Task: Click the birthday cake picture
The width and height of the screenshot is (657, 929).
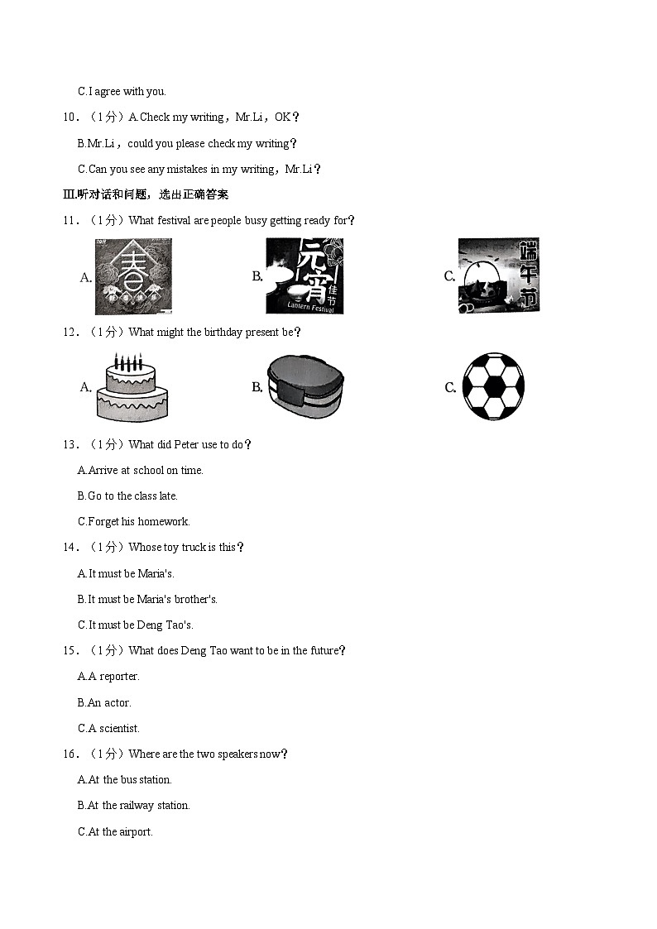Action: pos(132,387)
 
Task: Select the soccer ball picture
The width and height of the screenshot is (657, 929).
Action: pos(492,387)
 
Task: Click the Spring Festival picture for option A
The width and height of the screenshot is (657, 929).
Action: pos(133,277)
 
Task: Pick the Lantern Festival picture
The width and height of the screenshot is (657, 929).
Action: pos(304,276)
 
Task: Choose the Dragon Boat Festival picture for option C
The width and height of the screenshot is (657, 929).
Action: pos(498,276)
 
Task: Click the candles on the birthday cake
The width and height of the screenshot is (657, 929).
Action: pos(128,362)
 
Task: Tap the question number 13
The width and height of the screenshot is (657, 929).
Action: pos(70,444)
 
